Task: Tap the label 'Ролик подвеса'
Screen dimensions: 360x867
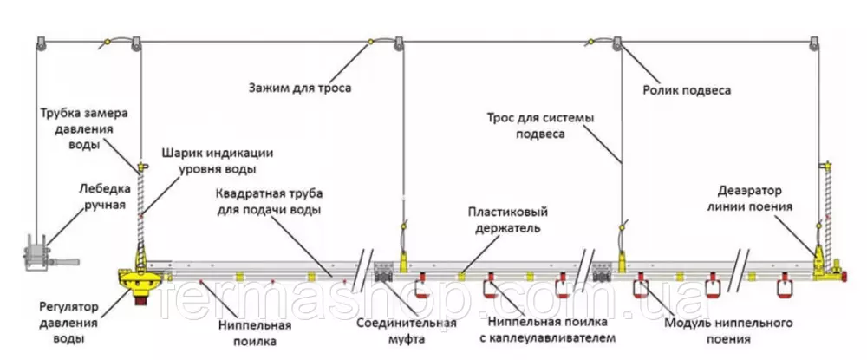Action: [686, 89]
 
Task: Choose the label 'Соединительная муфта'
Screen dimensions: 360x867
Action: [407, 331]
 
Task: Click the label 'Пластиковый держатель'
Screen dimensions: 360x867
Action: [505, 220]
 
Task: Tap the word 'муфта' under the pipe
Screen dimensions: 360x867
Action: [407, 339]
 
